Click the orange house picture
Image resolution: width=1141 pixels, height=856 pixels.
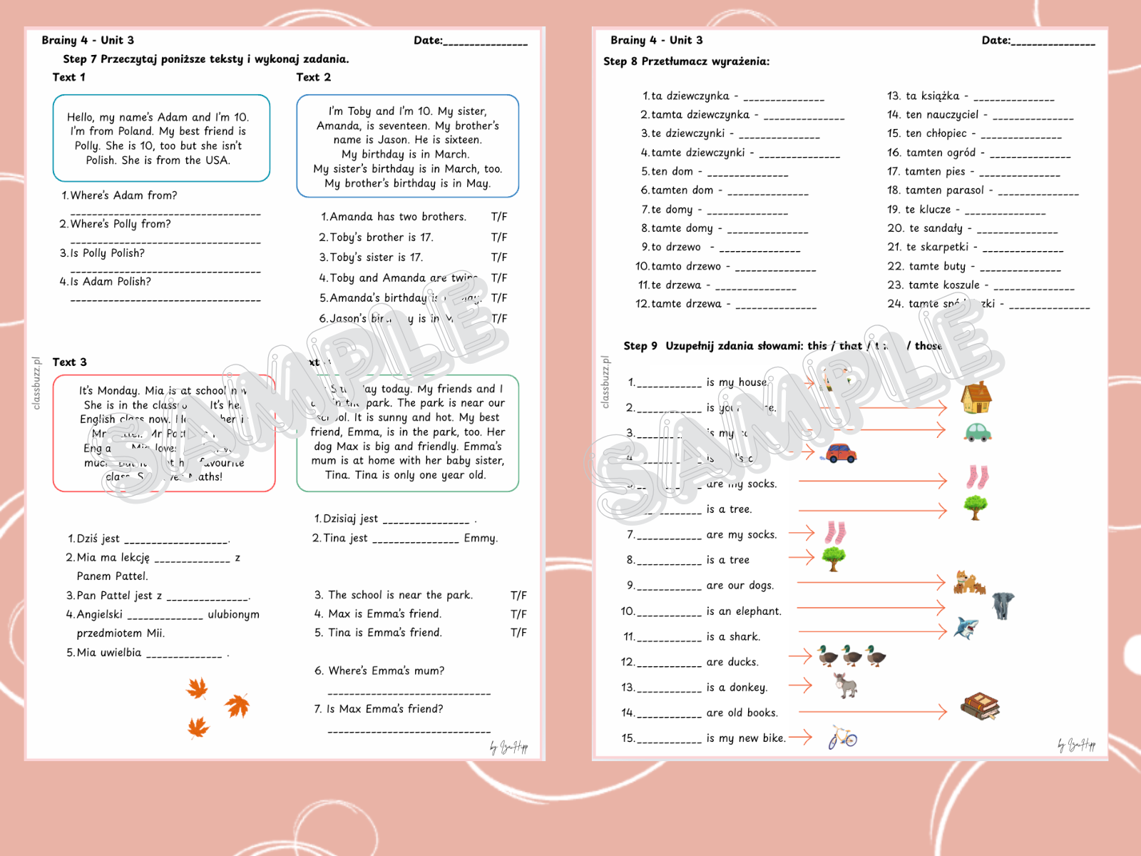976,398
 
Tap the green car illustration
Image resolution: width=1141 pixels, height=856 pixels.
977,432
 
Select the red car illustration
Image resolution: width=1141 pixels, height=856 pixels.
840,454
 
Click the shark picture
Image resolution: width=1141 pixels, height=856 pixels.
966,628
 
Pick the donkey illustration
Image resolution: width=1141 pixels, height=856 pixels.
846,686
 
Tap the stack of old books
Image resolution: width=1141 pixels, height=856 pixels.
980,706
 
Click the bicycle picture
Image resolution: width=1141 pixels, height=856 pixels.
842,737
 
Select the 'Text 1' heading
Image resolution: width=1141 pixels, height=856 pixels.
68,77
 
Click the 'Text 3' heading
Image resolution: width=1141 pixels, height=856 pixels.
69,362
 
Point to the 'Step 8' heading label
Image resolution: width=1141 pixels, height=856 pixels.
620,61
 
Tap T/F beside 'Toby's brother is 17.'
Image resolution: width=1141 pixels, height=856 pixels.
499,238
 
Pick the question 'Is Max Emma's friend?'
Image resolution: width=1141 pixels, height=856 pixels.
384,709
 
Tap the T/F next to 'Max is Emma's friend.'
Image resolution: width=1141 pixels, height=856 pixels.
518,614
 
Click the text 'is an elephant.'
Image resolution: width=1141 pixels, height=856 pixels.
744,611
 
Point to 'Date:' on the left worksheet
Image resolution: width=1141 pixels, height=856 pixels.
428,41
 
